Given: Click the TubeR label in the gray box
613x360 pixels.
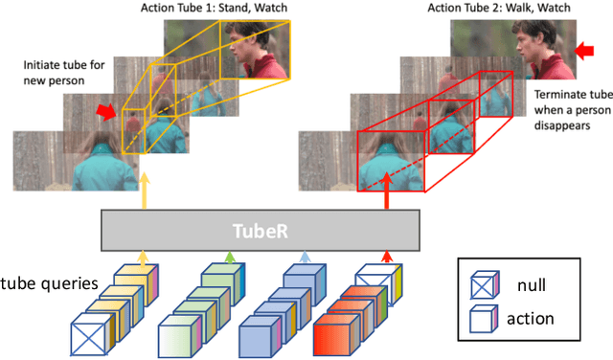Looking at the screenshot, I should coord(260,231).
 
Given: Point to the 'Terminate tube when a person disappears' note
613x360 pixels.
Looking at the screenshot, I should coord(572,111).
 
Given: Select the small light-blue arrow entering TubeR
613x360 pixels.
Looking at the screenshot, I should coord(305,258).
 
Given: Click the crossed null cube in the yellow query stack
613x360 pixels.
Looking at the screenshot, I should coord(93,338).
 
